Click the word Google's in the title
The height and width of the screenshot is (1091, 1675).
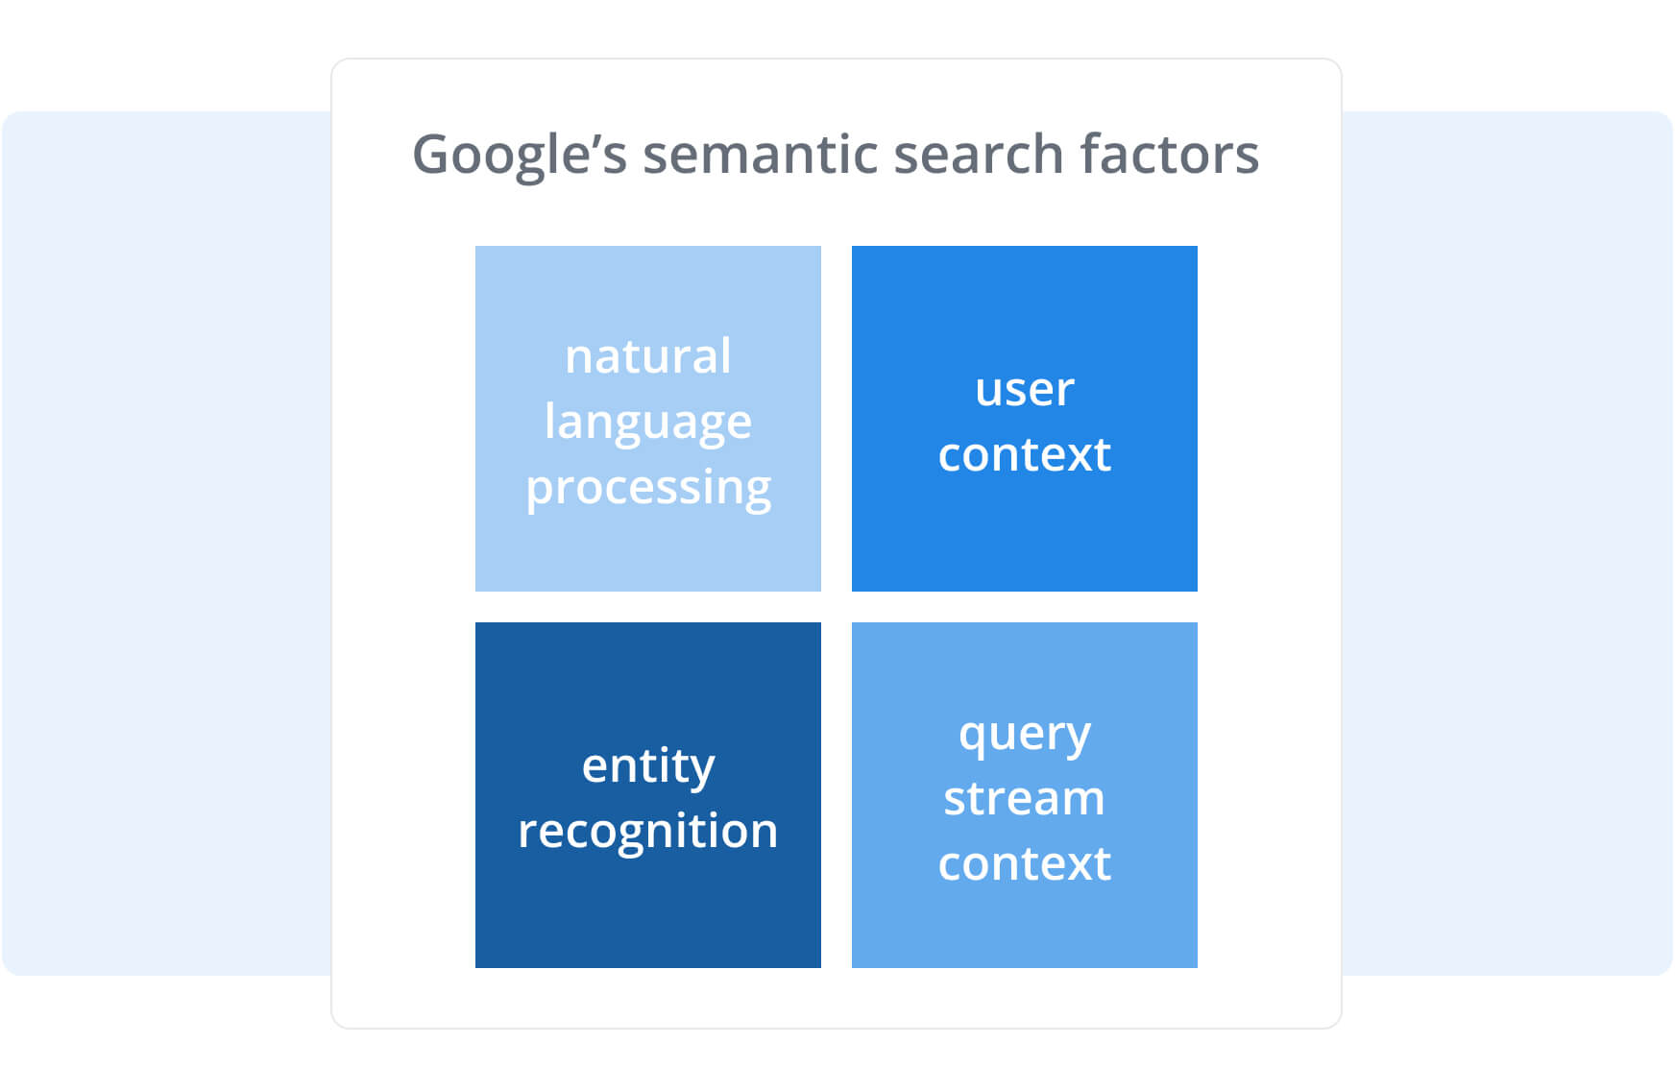click(x=519, y=155)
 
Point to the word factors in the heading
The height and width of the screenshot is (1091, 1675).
click(x=1169, y=155)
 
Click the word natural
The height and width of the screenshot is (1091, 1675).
click(x=648, y=356)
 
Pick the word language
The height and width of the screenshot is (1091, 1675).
click(x=648, y=423)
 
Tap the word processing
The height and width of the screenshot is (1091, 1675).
click(x=648, y=488)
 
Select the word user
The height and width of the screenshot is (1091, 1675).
click(x=1025, y=390)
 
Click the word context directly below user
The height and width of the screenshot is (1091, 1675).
click(x=1025, y=454)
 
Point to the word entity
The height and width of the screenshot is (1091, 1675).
click(x=648, y=766)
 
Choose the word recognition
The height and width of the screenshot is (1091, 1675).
click(x=648, y=831)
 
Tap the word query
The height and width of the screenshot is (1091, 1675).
click(x=1025, y=735)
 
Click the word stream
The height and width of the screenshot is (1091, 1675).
click(x=1025, y=799)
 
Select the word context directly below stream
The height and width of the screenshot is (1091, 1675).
click(x=1025, y=863)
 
